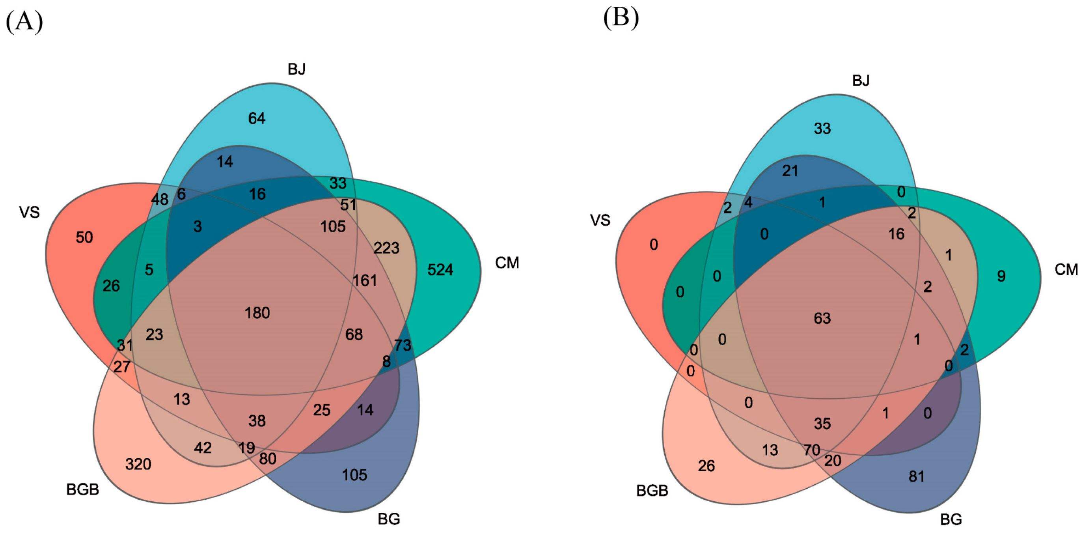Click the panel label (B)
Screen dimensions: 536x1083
click(x=621, y=18)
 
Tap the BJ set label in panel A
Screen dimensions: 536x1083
click(x=296, y=69)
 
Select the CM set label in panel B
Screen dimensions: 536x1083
click(x=1066, y=269)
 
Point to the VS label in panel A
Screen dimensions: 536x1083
click(x=30, y=212)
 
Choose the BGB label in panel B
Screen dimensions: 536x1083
click(x=652, y=491)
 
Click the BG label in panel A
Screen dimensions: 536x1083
click(x=388, y=519)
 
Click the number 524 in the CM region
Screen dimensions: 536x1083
click(x=440, y=270)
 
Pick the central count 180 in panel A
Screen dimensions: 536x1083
click(x=257, y=313)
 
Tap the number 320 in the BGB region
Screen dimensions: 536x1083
click(x=138, y=464)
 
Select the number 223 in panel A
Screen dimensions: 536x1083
click(x=386, y=248)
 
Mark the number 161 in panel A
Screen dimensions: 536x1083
click(x=365, y=280)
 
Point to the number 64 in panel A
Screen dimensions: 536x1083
click(x=256, y=118)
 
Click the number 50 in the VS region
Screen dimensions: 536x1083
click(x=84, y=237)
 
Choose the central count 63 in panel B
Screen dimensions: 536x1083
click(x=822, y=318)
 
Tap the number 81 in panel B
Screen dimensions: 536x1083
click(x=917, y=476)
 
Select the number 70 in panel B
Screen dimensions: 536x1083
click(x=812, y=450)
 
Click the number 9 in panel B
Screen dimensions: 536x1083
click(x=1001, y=276)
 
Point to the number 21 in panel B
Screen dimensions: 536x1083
click(x=790, y=171)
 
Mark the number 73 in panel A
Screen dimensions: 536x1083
click(x=403, y=345)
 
